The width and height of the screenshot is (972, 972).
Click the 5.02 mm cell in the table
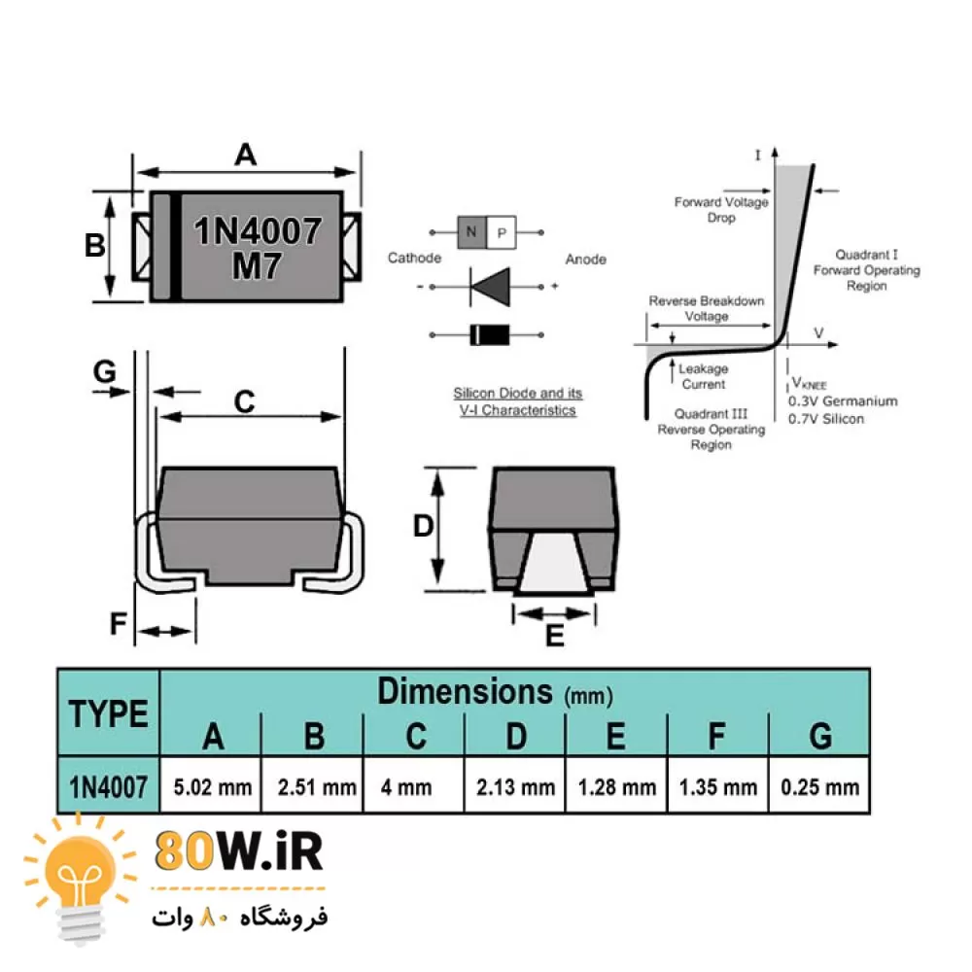click(x=213, y=786)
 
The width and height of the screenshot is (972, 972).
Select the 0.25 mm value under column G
click(x=819, y=786)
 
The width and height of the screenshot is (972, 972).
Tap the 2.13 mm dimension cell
click(x=516, y=786)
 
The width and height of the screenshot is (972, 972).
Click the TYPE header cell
click(x=109, y=713)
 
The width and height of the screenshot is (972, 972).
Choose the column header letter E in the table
click(x=616, y=737)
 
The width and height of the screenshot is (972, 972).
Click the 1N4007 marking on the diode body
click(x=259, y=230)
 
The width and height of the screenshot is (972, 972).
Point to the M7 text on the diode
click(x=257, y=265)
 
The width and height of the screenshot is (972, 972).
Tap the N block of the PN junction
click(x=472, y=232)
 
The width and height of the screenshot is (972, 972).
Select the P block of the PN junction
click(x=502, y=232)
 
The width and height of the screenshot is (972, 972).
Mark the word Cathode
click(x=414, y=259)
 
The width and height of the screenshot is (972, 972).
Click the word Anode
click(x=586, y=260)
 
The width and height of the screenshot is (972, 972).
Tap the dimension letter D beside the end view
click(x=423, y=526)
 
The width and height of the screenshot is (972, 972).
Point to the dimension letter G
click(x=104, y=371)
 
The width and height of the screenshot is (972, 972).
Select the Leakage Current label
click(x=703, y=376)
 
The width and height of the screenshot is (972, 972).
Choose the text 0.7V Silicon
click(x=825, y=418)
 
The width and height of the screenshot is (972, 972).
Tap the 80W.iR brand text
click(x=238, y=852)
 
